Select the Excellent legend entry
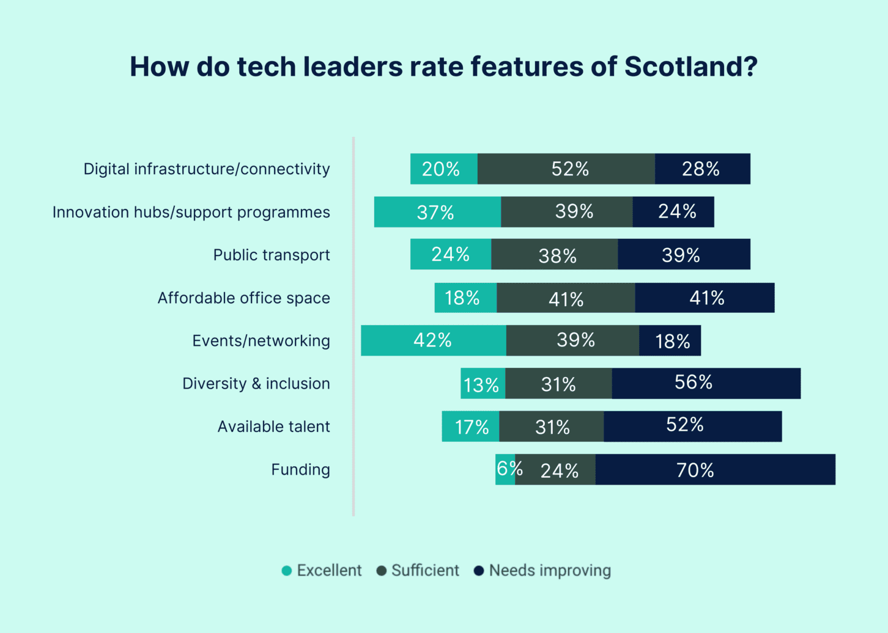coord(322,571)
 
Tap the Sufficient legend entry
coord(418,571)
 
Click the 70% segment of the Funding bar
coord(715,470)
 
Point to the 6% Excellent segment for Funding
coord(505,470)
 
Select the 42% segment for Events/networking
coord(433,340)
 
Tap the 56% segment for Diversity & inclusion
coord(706,383)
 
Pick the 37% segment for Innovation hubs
coord(437,212)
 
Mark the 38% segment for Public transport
coord(554,255)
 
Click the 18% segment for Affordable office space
coord(465,298)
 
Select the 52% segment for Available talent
coord(692,426)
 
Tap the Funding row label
coord(300,470)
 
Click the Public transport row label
coord(271,255)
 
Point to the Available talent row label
coord(273,426)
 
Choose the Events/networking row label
coord(261,341)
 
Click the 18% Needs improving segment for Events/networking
coord(670,340)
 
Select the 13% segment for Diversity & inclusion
coord(483,384)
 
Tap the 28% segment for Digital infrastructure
coord(702,169)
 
